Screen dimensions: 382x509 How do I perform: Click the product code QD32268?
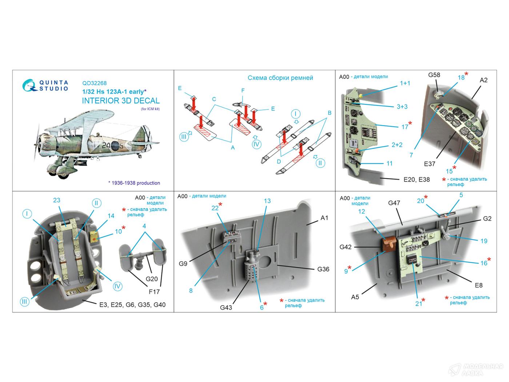94,83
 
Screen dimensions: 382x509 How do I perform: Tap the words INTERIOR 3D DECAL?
120,101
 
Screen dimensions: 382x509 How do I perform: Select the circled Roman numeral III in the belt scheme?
184,137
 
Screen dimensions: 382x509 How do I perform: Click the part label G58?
434,75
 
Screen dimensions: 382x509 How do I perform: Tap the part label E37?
429,164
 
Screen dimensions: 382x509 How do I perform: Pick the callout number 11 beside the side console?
389,164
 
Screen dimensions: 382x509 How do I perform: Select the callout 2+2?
397,145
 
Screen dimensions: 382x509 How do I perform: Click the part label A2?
483,80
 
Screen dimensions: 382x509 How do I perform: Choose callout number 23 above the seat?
56,200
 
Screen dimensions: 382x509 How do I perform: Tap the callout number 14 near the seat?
111,216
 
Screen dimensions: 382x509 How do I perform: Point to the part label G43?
226,307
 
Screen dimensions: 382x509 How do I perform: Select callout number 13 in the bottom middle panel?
267,201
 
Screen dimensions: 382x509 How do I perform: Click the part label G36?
323,269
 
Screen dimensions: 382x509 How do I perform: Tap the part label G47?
394,203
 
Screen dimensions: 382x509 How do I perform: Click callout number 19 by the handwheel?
484,241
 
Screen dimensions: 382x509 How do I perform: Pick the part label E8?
478,285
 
